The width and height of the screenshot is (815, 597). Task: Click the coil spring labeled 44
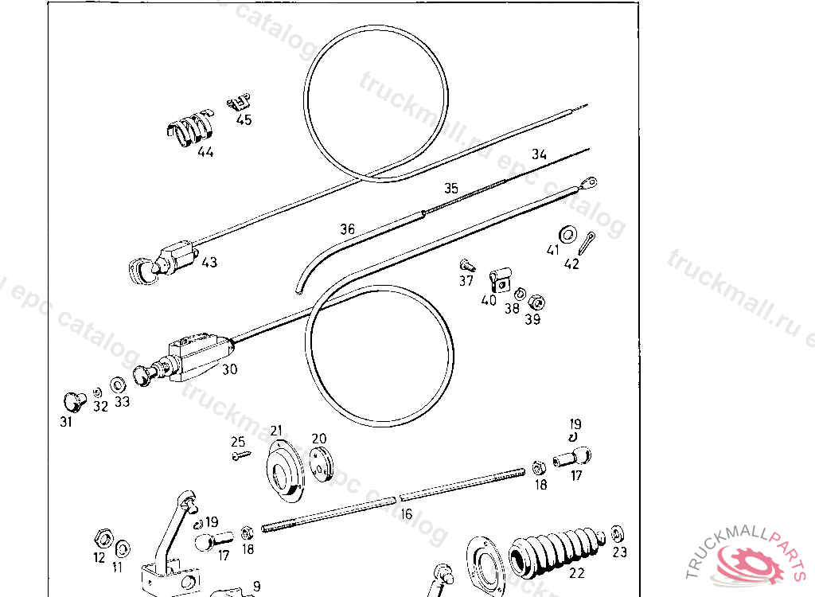point(191,128)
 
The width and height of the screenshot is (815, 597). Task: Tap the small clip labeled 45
point(239,102)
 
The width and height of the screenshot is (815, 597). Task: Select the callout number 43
point(209,262)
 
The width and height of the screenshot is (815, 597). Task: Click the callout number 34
point(540,154)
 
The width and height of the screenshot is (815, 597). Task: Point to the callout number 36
point(347,229)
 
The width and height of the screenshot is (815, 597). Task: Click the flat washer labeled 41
point(568,234)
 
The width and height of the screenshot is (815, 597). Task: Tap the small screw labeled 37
point(467,264)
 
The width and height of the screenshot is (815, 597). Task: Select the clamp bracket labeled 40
point(498,278)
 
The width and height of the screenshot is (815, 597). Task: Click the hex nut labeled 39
point(537,302)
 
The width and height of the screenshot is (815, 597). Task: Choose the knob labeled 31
point(75,399)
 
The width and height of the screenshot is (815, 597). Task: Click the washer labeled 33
point(117,384)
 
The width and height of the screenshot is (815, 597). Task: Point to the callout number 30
point(230,369)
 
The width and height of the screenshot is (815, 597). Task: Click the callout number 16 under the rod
point(407,514)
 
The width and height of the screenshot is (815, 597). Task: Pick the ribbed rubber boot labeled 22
point(557,549)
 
